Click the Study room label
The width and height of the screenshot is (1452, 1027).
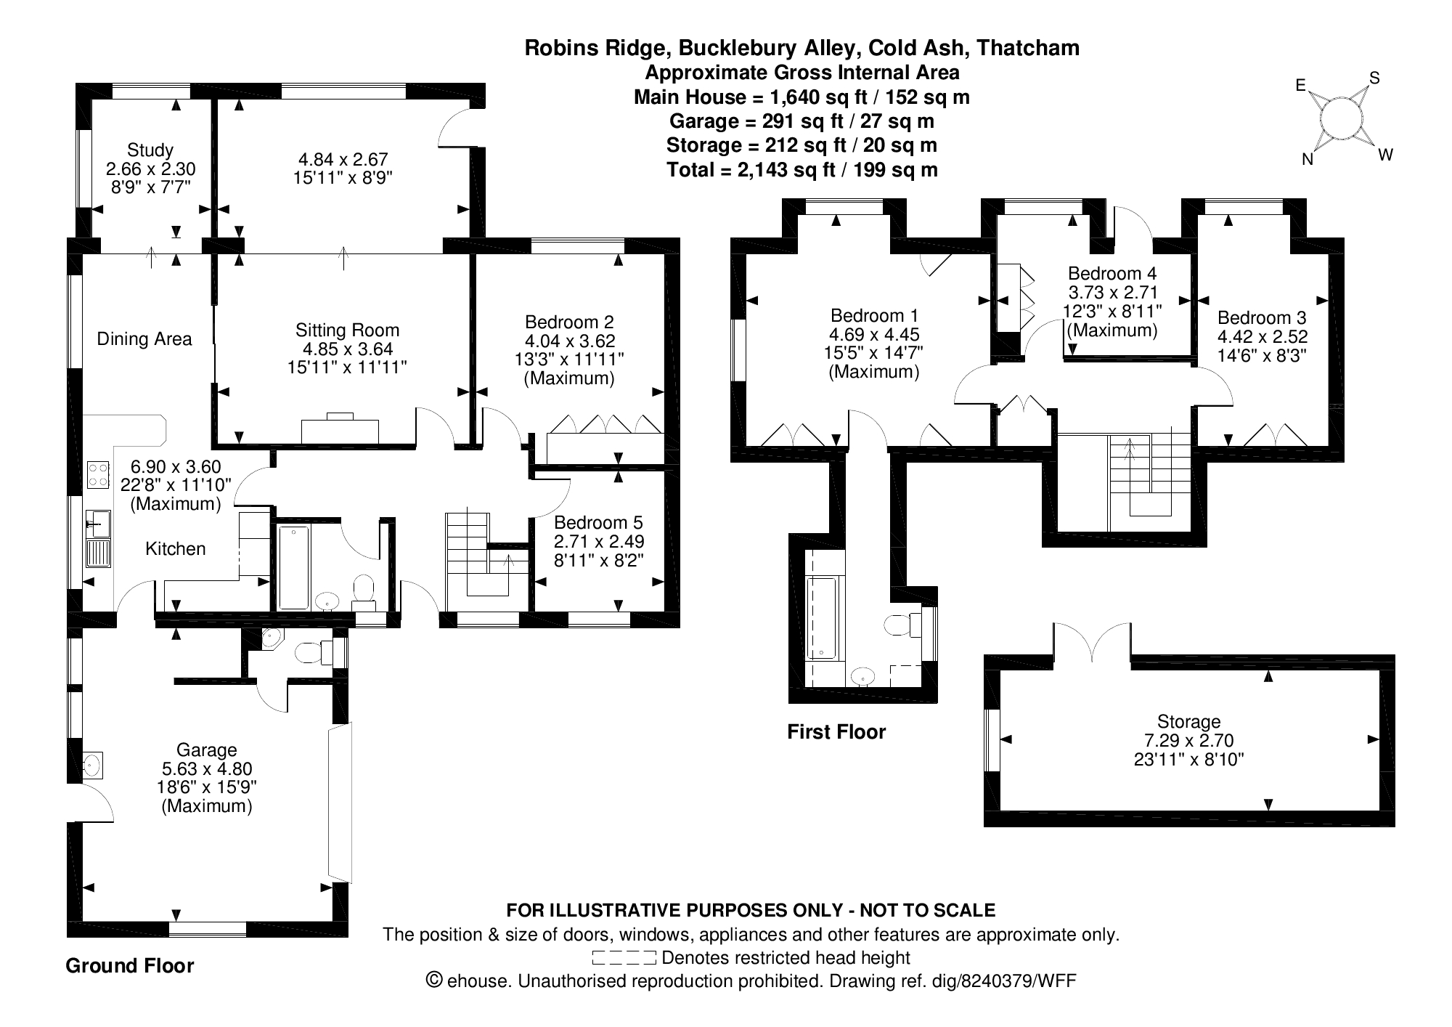(x=150, y=150)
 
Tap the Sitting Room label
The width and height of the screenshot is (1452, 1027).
(x=347, y=330)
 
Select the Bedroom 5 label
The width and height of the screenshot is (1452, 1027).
(x=598, y=522)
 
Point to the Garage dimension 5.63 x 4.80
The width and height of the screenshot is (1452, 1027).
(x=207, y=768)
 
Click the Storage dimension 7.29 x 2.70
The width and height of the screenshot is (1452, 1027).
(x=1188, y=741)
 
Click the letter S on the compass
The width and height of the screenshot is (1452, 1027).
(x=1374, y=78)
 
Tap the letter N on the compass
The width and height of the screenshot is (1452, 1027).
(x=1308, y=161)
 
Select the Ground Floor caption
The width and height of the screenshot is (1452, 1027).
(x=130, y=965)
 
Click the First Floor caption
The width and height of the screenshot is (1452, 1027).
(x=836, y=731)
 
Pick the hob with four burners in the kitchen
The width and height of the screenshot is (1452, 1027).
(x=98, y=475)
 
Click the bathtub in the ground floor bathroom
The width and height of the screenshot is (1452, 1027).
(x=294, y=567)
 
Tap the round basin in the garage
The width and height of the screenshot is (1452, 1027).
(x=93, y=764)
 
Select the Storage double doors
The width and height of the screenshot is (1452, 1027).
(x=1092, y=643)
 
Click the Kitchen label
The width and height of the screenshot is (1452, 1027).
(x=176, y=548)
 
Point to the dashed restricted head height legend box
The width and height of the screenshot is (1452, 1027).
(x=624, y=957)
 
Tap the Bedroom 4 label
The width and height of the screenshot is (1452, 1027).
(x=1112, y=274)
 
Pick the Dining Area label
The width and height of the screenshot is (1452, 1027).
(x=144, y=339)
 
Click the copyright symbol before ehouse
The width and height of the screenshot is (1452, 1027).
(x=433, y=981)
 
